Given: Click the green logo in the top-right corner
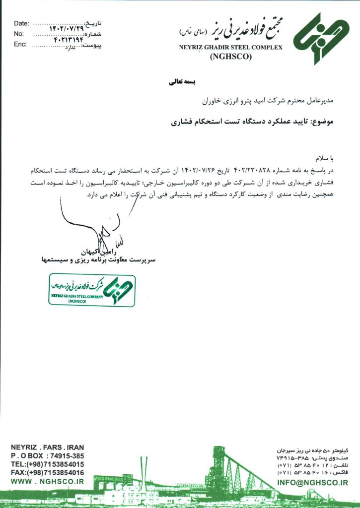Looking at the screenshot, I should click(x=324, y=37).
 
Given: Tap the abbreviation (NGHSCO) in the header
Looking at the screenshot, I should click(x=231, y=56).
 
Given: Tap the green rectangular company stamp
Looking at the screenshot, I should click(x=92, y=290).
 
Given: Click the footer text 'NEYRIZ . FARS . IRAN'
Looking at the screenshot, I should click(x=48, y=447).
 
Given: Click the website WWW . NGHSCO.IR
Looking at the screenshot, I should click(x=48, y=481).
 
